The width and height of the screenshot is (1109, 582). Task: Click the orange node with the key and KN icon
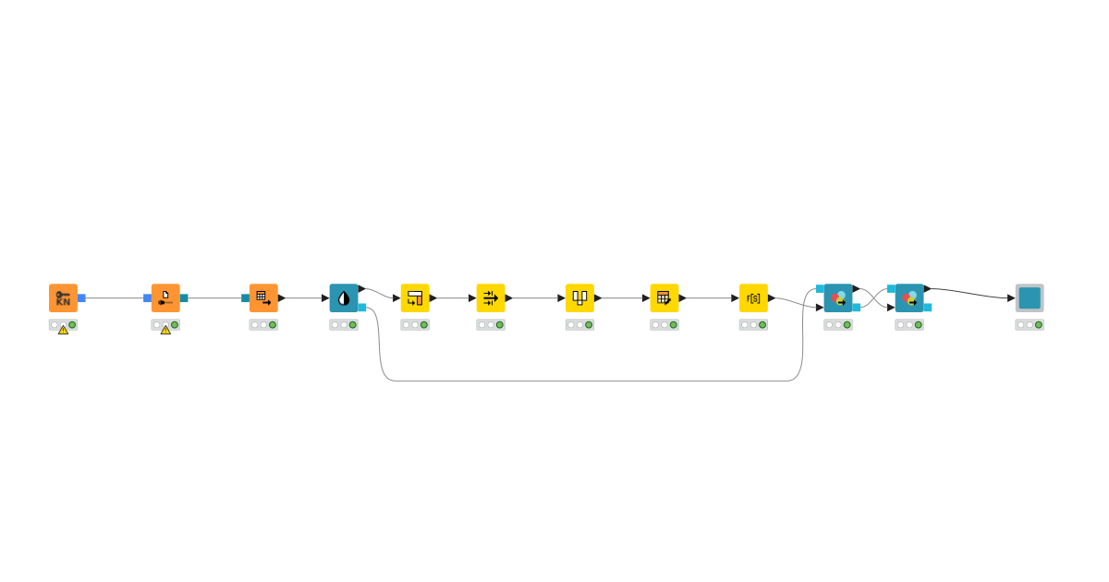[x=63, y=297]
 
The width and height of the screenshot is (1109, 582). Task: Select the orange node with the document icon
[x=165, y=297]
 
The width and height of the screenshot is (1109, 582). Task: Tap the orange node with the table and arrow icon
[x=263, y=297]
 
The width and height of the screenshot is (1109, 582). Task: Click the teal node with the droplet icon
[x=344, y=297]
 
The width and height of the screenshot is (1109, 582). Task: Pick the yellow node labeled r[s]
[x=753, y=297]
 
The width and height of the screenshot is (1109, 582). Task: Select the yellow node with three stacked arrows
[x=491, y=297]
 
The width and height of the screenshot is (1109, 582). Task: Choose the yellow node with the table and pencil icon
[x=664, y=297]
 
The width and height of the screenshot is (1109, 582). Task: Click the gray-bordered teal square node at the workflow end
[x=1030, y=297]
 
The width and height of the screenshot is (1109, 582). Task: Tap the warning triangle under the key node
[x=63, y=330]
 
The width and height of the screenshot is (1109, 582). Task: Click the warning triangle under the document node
[x=165, y=330]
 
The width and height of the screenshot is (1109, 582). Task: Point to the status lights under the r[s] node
[x=753, y=324]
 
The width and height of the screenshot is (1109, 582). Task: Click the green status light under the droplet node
[x=352, y=324]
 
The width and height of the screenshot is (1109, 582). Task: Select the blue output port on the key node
[x=81, y=297]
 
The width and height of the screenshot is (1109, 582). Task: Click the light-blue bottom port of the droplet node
[x=362, y=307]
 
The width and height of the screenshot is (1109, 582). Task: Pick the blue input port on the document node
[x=147, y=297]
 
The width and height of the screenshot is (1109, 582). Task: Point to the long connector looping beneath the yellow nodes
[x=591, y=380]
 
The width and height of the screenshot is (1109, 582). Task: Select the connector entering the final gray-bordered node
[x=970, y=292]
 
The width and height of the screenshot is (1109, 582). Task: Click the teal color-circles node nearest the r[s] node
[x=838, y=297]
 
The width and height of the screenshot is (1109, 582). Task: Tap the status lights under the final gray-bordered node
[x=1030, y=324]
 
